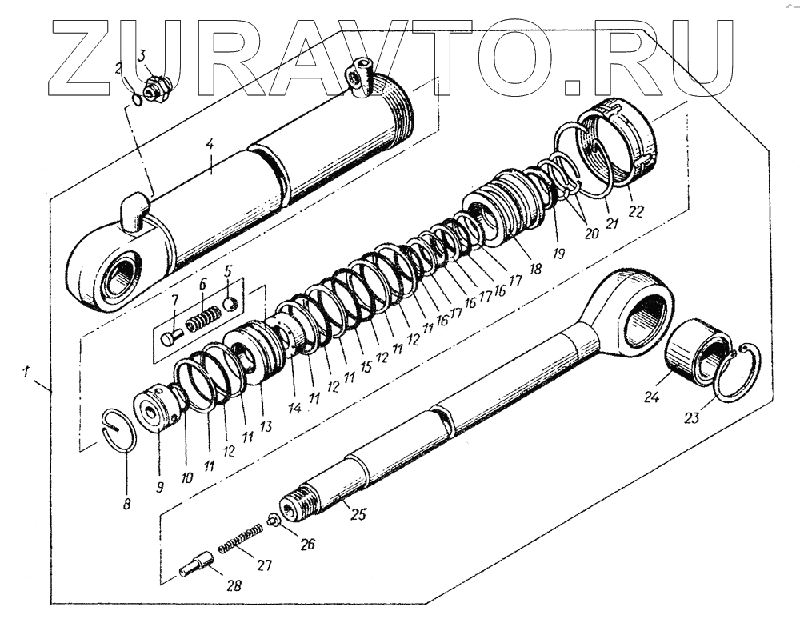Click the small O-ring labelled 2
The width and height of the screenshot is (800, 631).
139,98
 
